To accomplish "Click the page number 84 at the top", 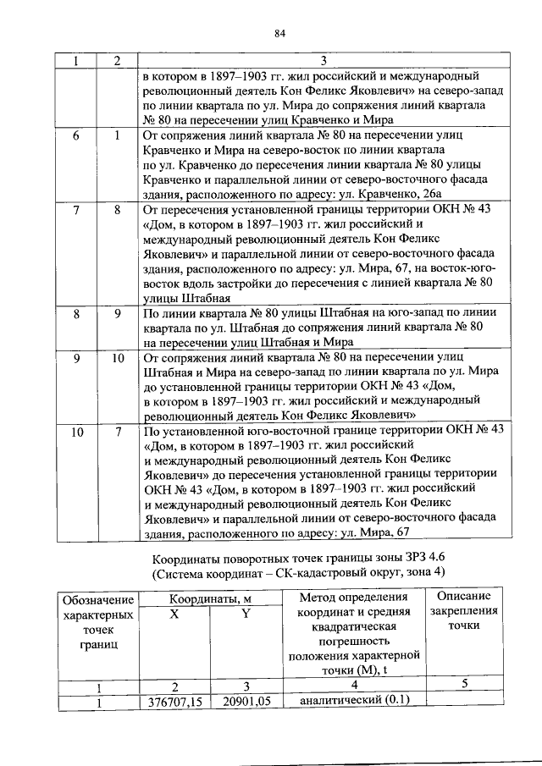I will coord(281,34).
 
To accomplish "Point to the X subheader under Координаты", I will coord(173,614).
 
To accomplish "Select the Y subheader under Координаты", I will coord(245,614).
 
